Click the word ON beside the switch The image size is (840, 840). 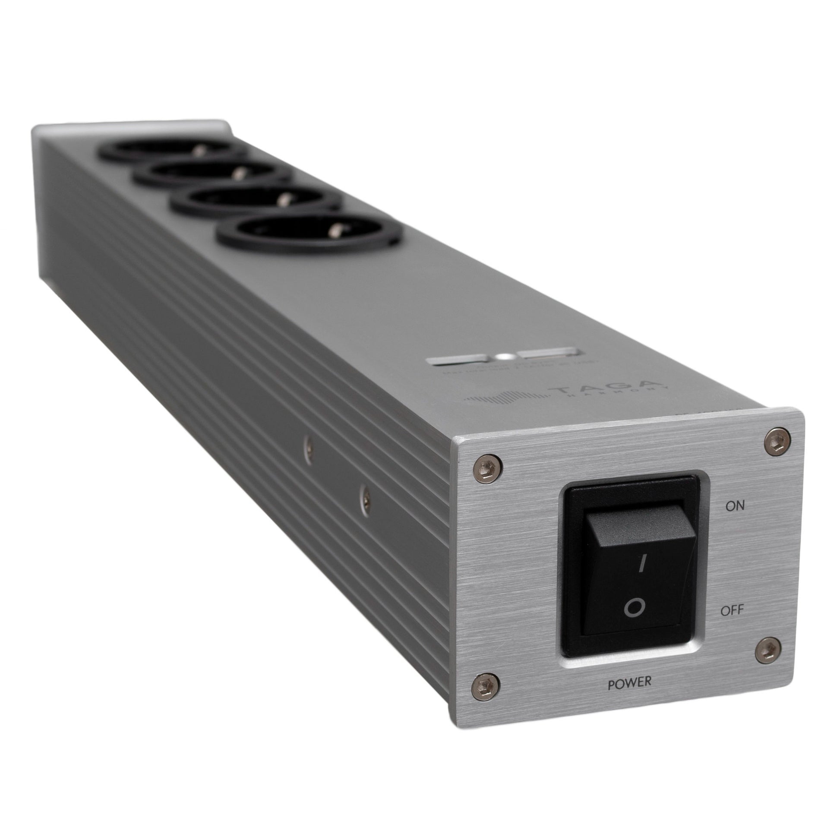[x=734, y=505]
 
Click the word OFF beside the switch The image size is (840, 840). [x=732, y=610]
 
